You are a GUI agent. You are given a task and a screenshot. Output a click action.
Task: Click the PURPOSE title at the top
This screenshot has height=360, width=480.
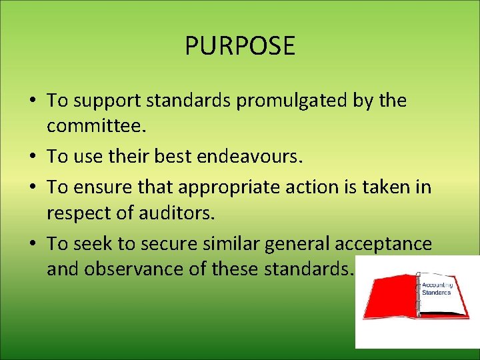(x=239, y=46)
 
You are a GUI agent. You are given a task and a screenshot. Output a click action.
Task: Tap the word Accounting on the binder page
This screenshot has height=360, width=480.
(x=437, y=285)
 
